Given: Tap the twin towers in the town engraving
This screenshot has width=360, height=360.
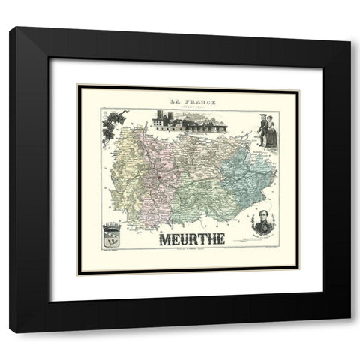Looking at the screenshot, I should click(160, 118).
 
